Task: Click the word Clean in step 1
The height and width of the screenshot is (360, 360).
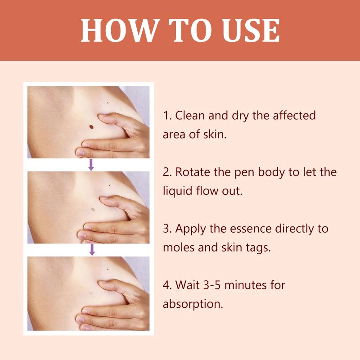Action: coord(190,115)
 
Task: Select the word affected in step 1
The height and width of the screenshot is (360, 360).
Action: coord(294,115)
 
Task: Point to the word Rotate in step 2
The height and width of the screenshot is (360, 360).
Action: coord(193,172)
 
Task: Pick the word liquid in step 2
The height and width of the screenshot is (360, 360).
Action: coord(177,191)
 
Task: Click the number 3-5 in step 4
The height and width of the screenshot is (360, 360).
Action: coord(212,285)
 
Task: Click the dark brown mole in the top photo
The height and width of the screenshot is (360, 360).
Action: coord(91,127)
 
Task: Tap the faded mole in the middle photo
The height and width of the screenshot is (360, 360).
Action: coord(93,209)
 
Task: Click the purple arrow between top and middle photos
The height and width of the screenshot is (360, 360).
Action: coord(91,165)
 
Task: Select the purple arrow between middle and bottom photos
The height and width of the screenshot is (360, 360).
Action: coord(92,250)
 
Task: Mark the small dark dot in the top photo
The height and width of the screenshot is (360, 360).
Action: coord(108,103)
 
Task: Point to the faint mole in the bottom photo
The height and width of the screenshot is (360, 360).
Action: coord(91,293)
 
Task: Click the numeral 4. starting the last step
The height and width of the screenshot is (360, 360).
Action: coord(167,285)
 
